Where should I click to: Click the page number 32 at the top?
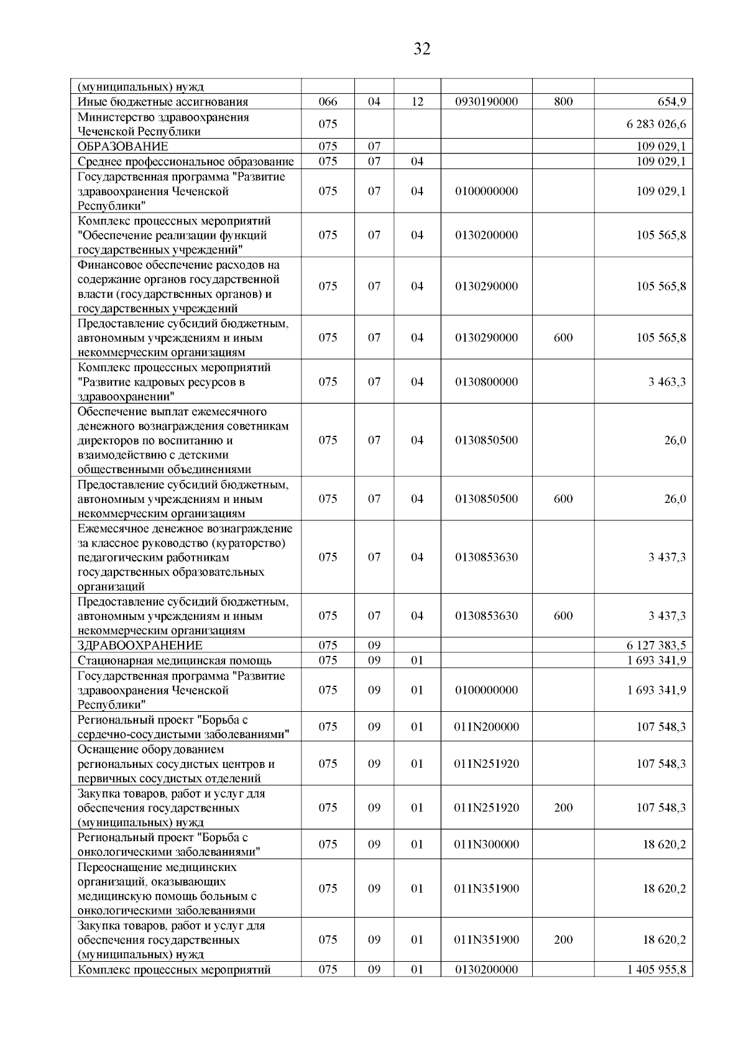click(x=421, y=49)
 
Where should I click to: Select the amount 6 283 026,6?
click(x=656, y=124)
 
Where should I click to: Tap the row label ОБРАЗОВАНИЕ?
click(x=123, y=147)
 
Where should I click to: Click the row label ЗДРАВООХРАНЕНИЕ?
click(x=140, y=646)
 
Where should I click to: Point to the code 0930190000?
click(x=486, y=102)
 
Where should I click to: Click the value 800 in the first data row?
click(x=563, y=102)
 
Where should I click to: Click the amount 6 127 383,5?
click(x=656, y=646)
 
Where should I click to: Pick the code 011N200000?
click(x=486, y=727)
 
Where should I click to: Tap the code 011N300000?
click(x=486, y=844)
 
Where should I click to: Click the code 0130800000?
click(x=486, y=382)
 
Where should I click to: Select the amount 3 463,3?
click(x=667, y=382)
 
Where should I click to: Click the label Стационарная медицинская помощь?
click(x=175, y=661)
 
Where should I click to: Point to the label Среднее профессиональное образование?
click(x=186, y=162)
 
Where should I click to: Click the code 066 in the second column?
click(x=328, y=102)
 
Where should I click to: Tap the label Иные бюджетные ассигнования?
click(x=163, y=102)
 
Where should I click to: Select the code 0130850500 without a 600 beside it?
click(x=486, y=440)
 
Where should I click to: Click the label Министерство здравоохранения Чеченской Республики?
click(x=163, y=124)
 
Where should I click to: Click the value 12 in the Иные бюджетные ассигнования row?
click(x=417, y=102)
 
